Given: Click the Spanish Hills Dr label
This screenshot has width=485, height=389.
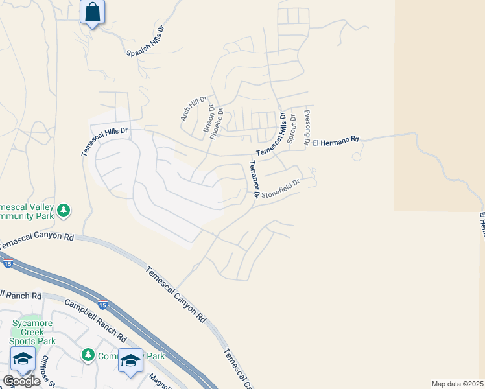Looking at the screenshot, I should (146, 42).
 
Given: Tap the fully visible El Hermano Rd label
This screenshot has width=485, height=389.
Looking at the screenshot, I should (336, 141).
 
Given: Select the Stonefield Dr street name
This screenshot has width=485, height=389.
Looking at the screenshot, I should (281, 190).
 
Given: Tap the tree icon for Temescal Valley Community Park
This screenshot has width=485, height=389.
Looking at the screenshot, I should (63, 209).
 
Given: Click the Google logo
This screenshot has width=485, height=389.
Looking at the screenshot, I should (21, 381).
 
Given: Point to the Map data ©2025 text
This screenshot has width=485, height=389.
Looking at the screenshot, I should (457, 383).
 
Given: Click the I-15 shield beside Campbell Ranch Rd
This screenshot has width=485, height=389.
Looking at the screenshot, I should (102, 304).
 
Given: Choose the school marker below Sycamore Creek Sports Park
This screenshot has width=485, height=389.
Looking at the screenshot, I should (23, 359).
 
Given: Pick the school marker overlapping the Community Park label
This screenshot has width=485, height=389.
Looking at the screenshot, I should (130, 361).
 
